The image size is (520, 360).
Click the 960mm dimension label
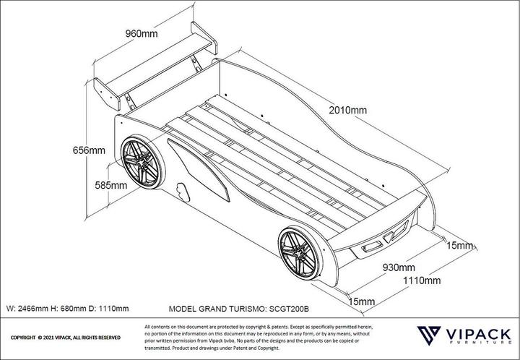coord(142,34)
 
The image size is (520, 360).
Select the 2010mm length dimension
coord(347,110)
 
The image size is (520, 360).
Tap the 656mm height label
coord(89,150)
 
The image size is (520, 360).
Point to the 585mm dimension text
coord(110,185)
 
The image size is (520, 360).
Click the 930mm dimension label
coord(398,267)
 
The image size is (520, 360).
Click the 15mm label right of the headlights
coord(459,246)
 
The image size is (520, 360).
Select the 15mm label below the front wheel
coord(361,301)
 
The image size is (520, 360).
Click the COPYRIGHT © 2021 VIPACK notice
coord(65,338)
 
